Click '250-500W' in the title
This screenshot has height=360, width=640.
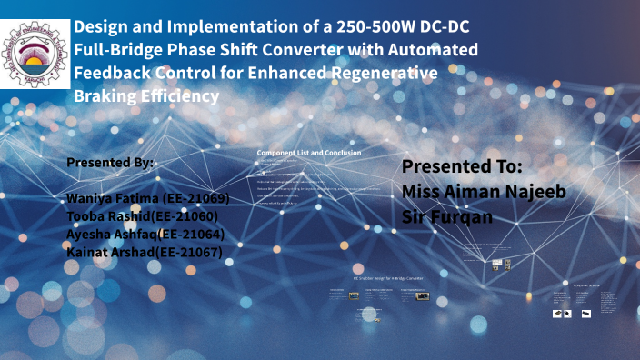[x=365, y=27]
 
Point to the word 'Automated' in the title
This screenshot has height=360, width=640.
[x=434, y=50]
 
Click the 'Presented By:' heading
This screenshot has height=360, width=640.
[x=110, y=162]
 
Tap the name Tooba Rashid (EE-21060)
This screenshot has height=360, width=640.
[x=142, y=216]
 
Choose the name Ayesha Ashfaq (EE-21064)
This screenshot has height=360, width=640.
[x=145, y=234]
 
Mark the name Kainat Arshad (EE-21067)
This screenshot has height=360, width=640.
[x=144, y=252]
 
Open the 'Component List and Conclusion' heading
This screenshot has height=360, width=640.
[x=308, y=153]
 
